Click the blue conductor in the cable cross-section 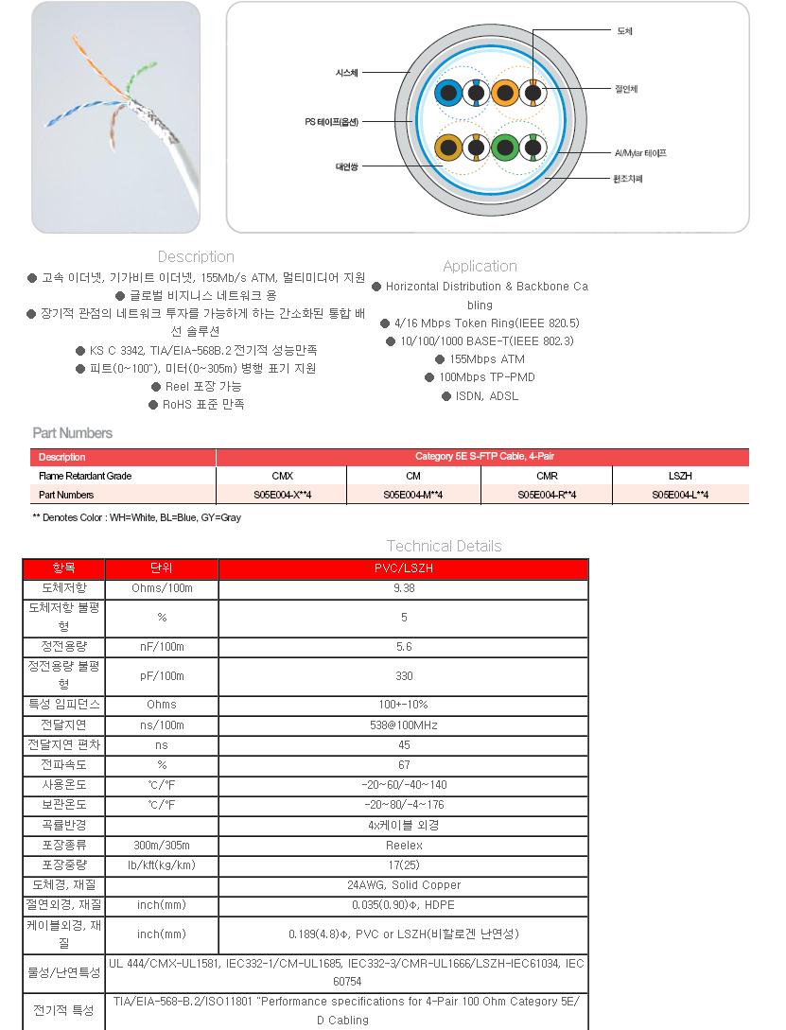[x=447, y=93]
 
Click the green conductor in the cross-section [x=504, y=148]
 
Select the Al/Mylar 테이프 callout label [x=640, y=152]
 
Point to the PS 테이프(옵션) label [x=332, y=121]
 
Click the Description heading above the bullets [x=196, y=256]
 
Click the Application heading [x=480, y=266]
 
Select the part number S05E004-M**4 [x=413, y=495]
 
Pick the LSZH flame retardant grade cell [x=679, y=476]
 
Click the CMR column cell [x=547, y=476]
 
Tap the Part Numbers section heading [x=72, y=433]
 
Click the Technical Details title [x=444, y=546]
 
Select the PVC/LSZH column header [x=403, y=568]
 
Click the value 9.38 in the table [x=403, y=588]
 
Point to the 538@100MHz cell [x=403, y=725]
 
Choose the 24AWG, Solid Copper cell [x=403, y=885]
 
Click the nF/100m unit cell [x=161, y=647]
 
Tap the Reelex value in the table [x=403, y=846]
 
